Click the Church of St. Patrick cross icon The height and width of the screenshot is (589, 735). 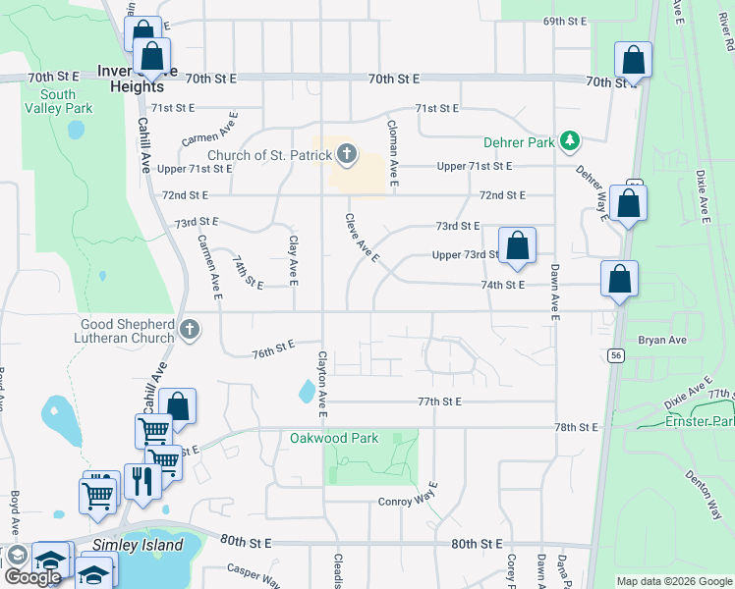pos(346,153)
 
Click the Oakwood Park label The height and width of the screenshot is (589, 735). pos(332,437)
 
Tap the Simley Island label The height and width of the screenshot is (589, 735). pos(138,545)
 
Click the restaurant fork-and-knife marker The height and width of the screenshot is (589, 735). pos(141,481)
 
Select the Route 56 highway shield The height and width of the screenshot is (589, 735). pos(616,354)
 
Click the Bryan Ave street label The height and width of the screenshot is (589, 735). pos(660,340)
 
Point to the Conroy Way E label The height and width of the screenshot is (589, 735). pos(408,502)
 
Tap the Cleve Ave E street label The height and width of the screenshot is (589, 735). pos(362,238)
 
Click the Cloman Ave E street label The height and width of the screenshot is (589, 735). pos(392,153)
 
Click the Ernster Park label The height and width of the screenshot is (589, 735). pos(699,421)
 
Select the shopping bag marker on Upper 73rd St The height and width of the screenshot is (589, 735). pos(516,245)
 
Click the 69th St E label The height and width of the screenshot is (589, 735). pos(564,21)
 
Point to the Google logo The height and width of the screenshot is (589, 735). pos(32,577)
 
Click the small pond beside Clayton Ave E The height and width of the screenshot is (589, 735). pos(308,393)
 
